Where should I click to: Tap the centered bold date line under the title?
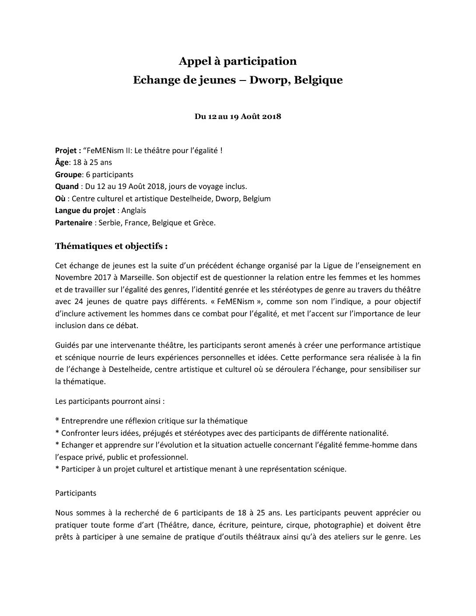coord(238,117)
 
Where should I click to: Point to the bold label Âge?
coord(62,162)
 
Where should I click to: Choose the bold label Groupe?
coord(68,175)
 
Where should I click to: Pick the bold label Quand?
coord(66,186)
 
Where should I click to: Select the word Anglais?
coord(134,210)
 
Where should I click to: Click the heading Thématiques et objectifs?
coord(111,246)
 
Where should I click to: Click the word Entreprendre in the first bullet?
coord(85,421)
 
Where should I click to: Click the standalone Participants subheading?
coord(76,493)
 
